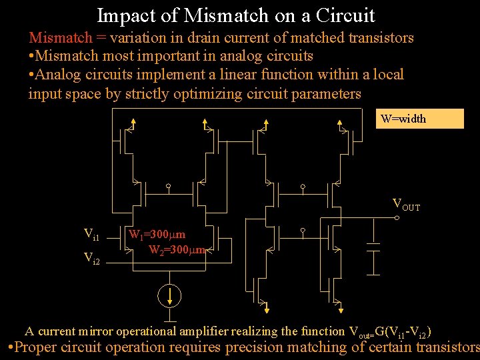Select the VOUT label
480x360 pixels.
point(406,205)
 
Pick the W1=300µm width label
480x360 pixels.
point(157,235)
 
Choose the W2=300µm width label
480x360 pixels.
point(177,251)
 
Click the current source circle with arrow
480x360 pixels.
point(171,294)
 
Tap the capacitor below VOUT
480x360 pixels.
point(374,248)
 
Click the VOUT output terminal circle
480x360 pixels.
point(397,217)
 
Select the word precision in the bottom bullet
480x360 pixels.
point(257,347)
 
